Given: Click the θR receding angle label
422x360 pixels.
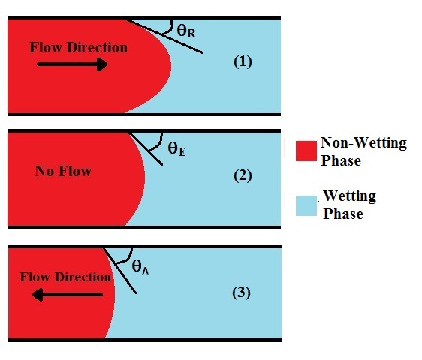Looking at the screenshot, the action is coord(186,31).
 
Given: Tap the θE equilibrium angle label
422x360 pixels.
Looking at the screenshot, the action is coord(176,149).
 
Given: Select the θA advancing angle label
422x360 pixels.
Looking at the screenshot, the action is coord(140,267).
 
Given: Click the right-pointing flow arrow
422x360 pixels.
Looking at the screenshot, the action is coord(72,64).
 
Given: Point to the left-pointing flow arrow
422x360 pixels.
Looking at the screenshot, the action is coord(68,295).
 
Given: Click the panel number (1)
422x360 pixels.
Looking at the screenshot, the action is coord(243,62).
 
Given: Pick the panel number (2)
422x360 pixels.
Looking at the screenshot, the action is coord(243,175).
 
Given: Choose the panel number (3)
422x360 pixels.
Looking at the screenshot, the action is coord(242,292).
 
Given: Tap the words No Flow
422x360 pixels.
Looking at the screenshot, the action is coord(63,171).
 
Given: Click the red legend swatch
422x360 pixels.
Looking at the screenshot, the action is coord(306,151).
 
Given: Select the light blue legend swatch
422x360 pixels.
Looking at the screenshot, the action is coord(306,205).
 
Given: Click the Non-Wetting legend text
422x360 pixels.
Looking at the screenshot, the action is coord(363,143).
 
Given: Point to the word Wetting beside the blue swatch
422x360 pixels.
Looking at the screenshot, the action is coord(350,196).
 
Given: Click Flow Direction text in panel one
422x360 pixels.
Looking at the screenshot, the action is coord(78,47).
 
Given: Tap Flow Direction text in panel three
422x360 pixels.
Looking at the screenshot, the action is coord(65,277).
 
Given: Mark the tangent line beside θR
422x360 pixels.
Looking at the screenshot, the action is coord(164,36).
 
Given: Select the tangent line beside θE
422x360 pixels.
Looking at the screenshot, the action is coord(146,148).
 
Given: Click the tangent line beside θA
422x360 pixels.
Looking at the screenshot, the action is coord(119,271).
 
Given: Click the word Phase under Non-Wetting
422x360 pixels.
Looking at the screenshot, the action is coord(341,160).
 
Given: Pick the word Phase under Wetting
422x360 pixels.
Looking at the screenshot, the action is coord(343,214).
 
